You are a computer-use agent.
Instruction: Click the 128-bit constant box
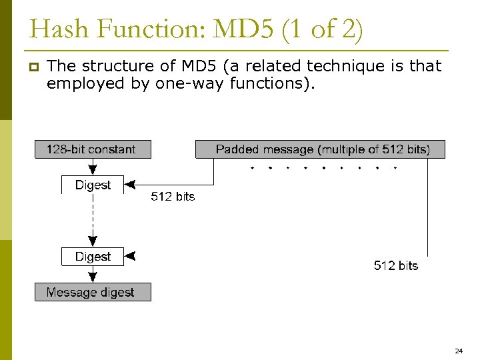click(93, 149)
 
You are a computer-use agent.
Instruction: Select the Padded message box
click(320, 149)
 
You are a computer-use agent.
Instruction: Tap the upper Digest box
click(93, 185)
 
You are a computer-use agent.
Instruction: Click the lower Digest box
click(93, 257)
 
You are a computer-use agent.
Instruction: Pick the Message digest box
click(93, 292)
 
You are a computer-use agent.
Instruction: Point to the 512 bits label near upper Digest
click(173, 197)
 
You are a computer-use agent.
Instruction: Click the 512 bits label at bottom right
click(396, 265)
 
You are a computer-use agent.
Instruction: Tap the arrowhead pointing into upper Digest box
click(130, 185)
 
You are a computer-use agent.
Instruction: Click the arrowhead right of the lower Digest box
click(131, 256)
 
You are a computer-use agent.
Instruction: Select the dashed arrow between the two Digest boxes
click(93, 220)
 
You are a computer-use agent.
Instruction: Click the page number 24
click(459, 350)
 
